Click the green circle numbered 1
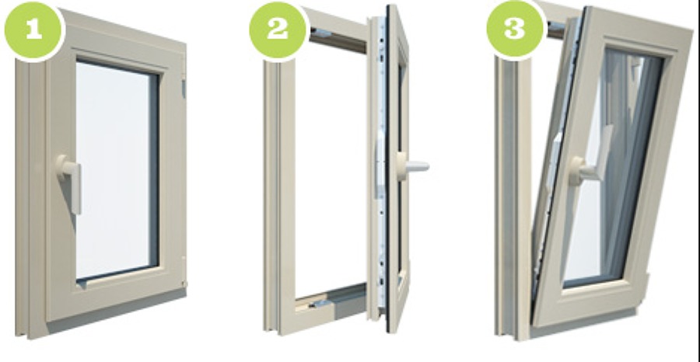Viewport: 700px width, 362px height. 33,30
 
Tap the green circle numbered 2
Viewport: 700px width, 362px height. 278,30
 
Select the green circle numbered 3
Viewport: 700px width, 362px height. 515,30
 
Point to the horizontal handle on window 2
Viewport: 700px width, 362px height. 412,167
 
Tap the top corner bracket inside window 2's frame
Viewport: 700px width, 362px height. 320,33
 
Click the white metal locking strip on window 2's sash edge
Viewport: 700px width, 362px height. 381,165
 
